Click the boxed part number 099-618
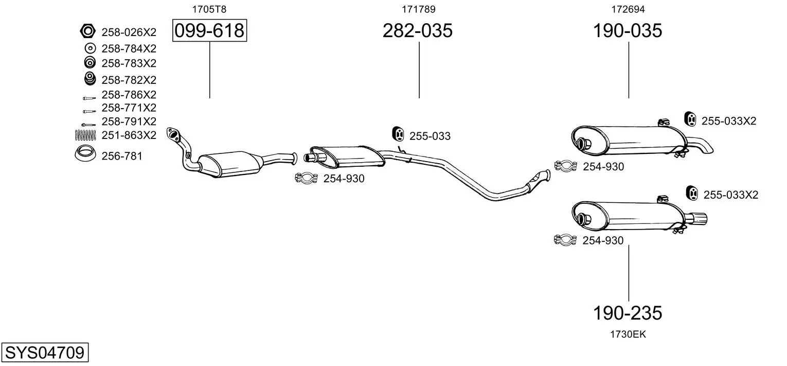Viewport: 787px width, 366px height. click(209, 30)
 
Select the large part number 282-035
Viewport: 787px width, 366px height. click(417, 30)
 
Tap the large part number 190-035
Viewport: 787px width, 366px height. click(628, 30)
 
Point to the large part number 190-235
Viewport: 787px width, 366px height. click(628, 312)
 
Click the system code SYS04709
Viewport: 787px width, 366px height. click(45, 352)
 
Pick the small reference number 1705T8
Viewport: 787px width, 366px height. click(209, 9)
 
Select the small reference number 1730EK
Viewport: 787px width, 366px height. click(628, 334)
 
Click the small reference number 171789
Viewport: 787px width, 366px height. click(418, 9)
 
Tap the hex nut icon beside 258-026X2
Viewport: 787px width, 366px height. click(87, 31)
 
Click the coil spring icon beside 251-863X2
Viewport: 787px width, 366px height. click(85, 135)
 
